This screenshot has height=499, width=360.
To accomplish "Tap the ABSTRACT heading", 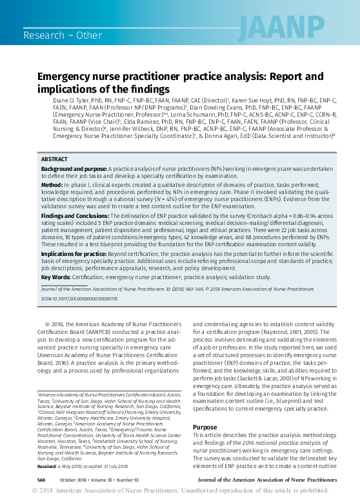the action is point(54,159).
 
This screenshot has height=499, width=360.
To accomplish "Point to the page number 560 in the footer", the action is point(41,480).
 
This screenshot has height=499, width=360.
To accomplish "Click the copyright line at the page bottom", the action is point(180,491).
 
